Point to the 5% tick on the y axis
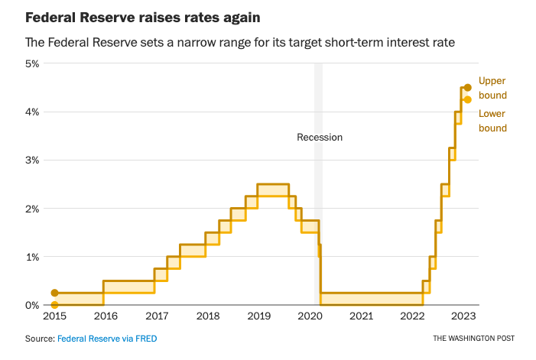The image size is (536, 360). coord(31,63)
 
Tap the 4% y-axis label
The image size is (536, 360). coord(31,112)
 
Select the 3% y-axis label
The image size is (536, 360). coord(31,160)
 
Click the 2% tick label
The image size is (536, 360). coord(31,208)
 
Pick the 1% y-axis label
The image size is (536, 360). coord(31,257)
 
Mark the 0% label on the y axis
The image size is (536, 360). coord(31,305)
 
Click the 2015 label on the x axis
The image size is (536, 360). coord(54,316)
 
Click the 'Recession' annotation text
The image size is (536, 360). coord(320,138)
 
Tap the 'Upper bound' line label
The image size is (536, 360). coord(492,88)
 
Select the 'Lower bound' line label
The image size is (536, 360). coord(492,121)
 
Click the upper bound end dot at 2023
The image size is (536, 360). coord(468,88)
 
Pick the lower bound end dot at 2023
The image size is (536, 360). coord(468,99)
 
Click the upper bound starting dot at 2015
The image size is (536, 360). coord(54,293)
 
